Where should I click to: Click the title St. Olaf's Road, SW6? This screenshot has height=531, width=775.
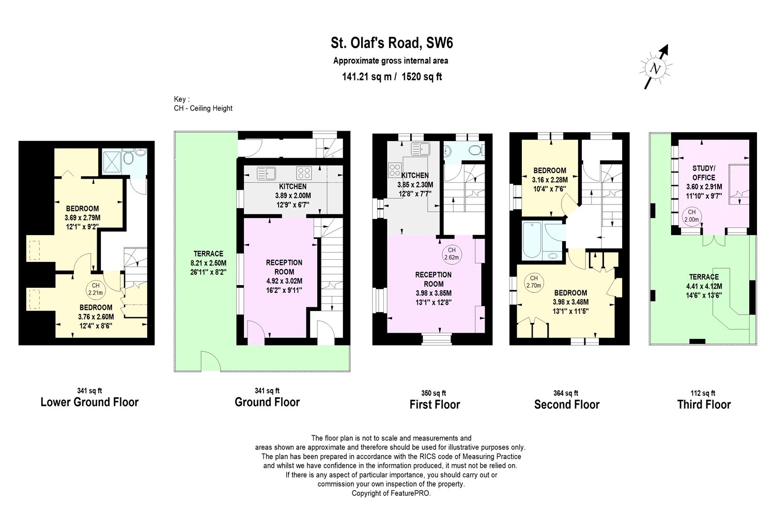[392, 43]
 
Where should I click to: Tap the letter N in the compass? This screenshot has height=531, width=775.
[655, 69]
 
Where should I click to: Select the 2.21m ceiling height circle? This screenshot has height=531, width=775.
[96, 289]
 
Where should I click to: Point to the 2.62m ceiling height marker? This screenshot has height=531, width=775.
[452, 254]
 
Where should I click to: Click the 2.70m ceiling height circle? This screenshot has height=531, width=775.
[534, 282]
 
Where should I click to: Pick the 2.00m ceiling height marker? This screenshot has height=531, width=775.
[692, 216]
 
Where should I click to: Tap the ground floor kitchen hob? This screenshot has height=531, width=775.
[304, 173]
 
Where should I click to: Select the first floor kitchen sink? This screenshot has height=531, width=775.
[421, 149]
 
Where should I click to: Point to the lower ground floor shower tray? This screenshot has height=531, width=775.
[112, 161]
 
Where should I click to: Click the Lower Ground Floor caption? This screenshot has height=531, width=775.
[89, 402]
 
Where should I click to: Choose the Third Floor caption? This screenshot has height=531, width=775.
[704, 404]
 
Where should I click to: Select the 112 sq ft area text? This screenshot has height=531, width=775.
[703, 393]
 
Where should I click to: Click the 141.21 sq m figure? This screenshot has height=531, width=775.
[367, 76]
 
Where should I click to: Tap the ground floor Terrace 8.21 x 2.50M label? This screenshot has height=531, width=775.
[208, 263]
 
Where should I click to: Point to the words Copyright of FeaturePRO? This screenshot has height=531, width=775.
[391, 493]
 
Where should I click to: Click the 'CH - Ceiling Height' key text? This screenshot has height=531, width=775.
[203, 108]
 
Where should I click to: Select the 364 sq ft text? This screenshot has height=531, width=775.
[566, 393]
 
